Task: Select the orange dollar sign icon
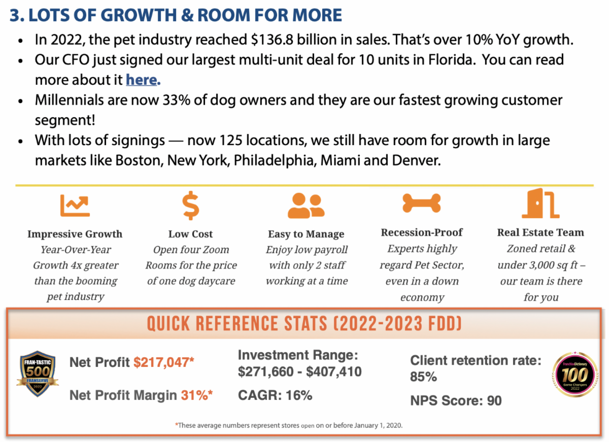[191, 203]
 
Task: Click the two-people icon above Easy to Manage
[306, 206]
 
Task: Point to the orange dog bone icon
[421, 203]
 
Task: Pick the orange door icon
[540, 203]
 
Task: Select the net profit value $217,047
[164, 362]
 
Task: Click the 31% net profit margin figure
[194, 395]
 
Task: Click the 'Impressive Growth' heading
[75, 234]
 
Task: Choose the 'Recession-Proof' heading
[422, 232]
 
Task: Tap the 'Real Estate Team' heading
[540, 232]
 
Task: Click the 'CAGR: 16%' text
[275, 395]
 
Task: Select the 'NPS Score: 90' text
[456, 401]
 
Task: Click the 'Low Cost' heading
[190, 234]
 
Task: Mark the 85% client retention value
[423, 378]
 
